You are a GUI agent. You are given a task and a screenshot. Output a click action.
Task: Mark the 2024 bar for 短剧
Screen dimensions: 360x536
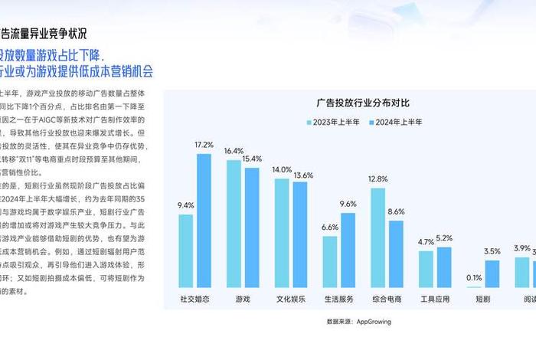[492, 273]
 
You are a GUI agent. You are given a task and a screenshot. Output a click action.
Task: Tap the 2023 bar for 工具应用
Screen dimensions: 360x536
[426, 269]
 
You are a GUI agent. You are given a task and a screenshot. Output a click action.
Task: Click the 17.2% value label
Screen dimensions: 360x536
[204, 145]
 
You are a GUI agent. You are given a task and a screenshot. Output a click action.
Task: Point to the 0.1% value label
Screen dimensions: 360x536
[474, 277]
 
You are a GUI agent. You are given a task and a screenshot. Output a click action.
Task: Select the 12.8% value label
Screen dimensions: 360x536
[377, 178]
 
